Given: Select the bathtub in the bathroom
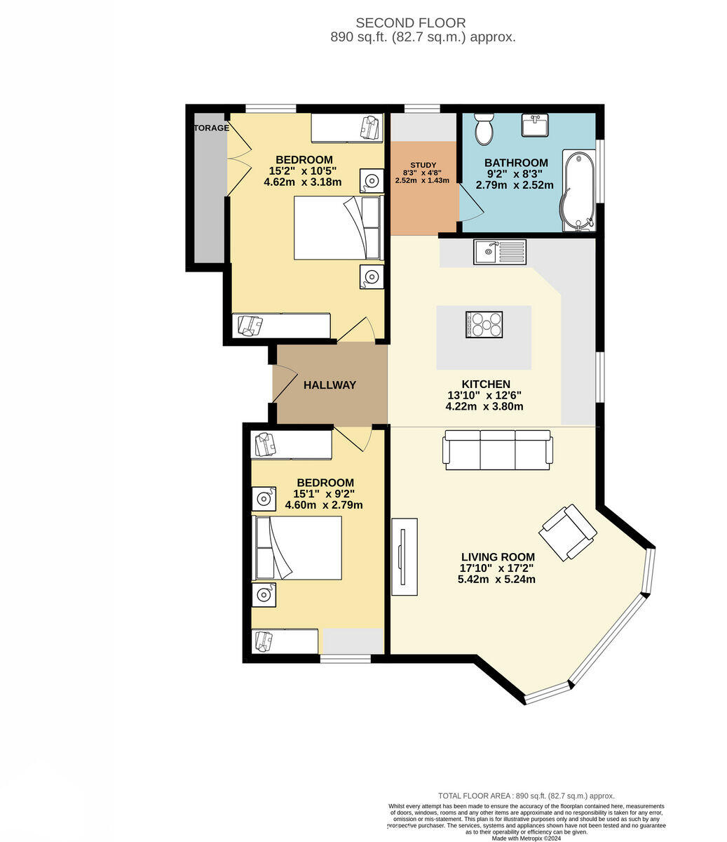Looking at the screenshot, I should [579, 189].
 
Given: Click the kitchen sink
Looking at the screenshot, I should [499, 252].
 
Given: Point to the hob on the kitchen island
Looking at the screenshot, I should [484, 325].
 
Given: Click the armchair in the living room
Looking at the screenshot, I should [569, 532].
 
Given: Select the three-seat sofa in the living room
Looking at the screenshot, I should [498, 450].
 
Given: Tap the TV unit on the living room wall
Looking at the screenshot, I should [405, 556].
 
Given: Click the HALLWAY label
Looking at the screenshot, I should [329, 385].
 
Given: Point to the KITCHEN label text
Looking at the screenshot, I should [485, 384].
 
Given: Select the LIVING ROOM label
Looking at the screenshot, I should [497, 557].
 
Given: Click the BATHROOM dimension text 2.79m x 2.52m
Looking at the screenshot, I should [515, 185].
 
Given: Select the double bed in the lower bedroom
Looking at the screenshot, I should [297, 548].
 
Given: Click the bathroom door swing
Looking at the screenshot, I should [470, 204].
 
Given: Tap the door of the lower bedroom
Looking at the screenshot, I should [354, 439].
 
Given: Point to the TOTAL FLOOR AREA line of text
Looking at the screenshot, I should [526, 796].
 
